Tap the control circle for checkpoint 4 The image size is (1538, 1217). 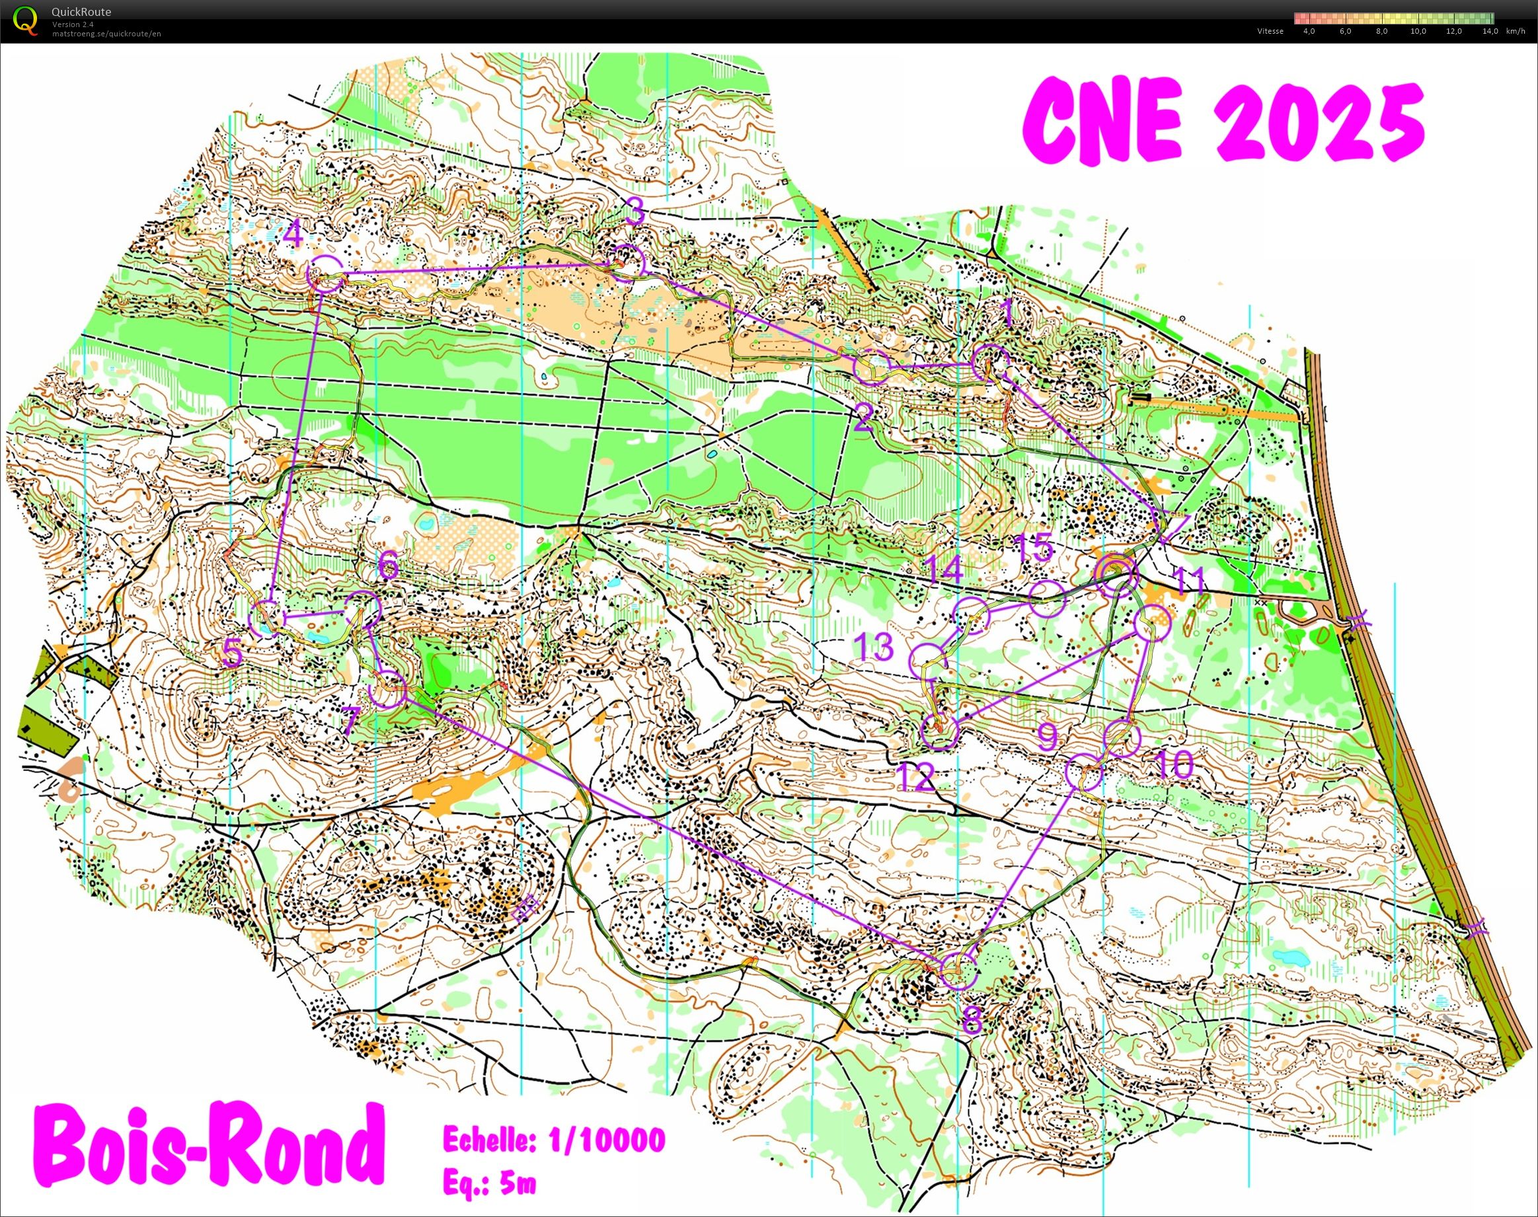tap(325, 274)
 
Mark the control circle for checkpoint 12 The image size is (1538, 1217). tap(939, 733)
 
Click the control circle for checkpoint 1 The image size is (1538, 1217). tap(991, 362)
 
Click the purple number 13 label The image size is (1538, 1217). tap(874, 647)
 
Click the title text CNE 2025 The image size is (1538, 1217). tap(1221, 125)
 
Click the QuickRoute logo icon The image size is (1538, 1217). tap(26, 20)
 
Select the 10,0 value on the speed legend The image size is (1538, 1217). tap(1418, 31)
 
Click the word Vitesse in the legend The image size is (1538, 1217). tap(1271, 31)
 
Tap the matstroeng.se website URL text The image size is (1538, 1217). tap(106, 34)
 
